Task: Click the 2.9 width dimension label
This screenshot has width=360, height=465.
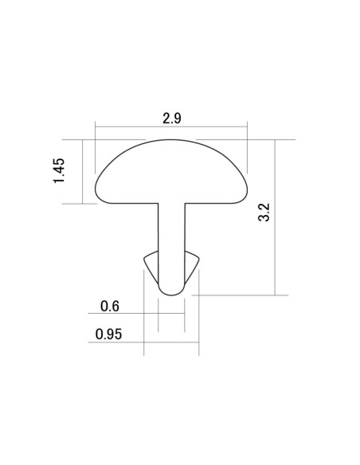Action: tap(172, 119)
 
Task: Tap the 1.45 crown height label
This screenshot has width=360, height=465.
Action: tap(59, 171)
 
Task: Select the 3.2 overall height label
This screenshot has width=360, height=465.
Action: tap(264, 212)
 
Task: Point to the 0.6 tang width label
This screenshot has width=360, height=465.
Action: tap(110, 306)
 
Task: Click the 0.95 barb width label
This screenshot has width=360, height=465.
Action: tap(108, 334)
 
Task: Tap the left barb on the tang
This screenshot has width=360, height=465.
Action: tap(151, 265)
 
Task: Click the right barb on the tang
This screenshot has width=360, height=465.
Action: tap(192, 265)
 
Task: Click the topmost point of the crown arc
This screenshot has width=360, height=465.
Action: tap(171, 139)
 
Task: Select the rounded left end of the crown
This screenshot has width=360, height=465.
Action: tap(96, 190)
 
